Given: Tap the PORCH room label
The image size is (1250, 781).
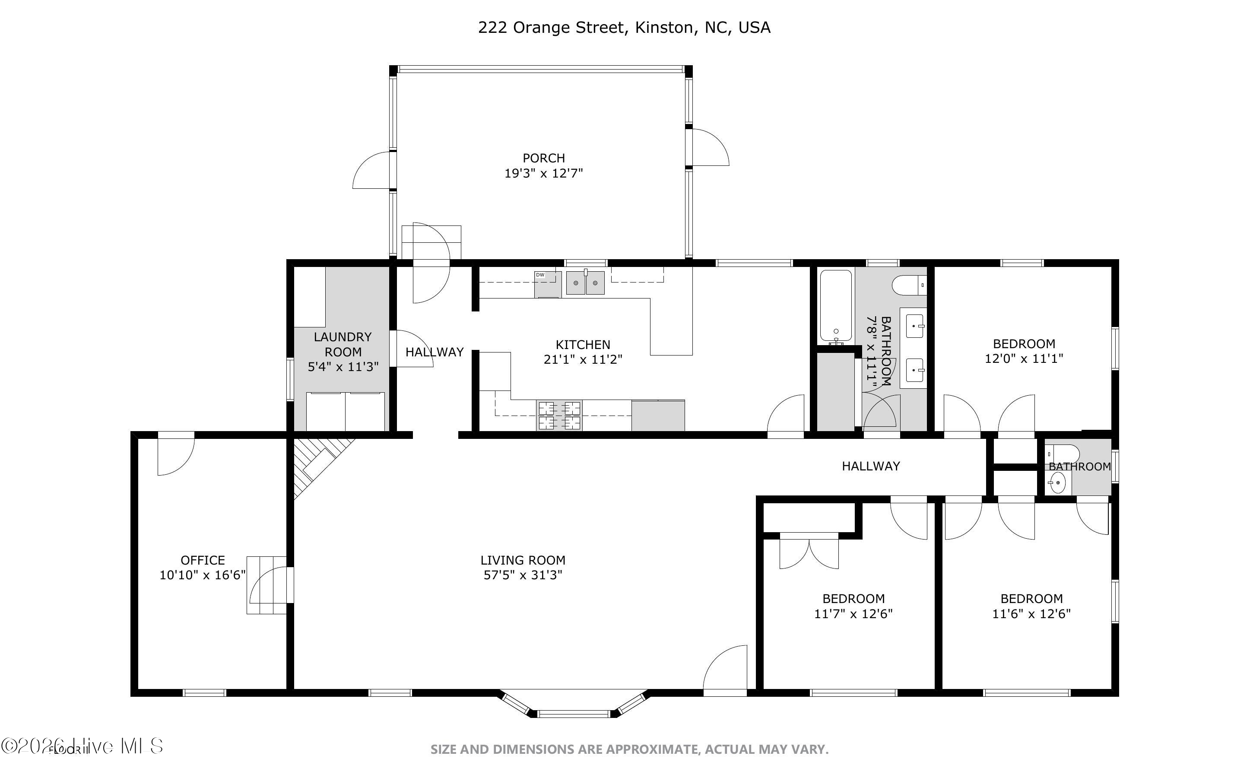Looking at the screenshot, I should point(544,158).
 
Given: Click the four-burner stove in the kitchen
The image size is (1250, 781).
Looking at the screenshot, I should point(559,415).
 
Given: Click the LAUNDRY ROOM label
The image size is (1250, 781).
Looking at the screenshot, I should point(343,344).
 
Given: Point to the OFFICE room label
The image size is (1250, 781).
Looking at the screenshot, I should point(203,560).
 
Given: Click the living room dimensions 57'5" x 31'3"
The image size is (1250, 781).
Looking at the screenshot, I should point(523,575).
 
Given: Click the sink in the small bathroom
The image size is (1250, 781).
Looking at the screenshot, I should point(1057,483).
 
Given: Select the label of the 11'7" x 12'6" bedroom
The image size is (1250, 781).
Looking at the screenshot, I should point(853,599).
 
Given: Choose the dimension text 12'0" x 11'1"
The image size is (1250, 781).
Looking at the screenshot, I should point(1023,359).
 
